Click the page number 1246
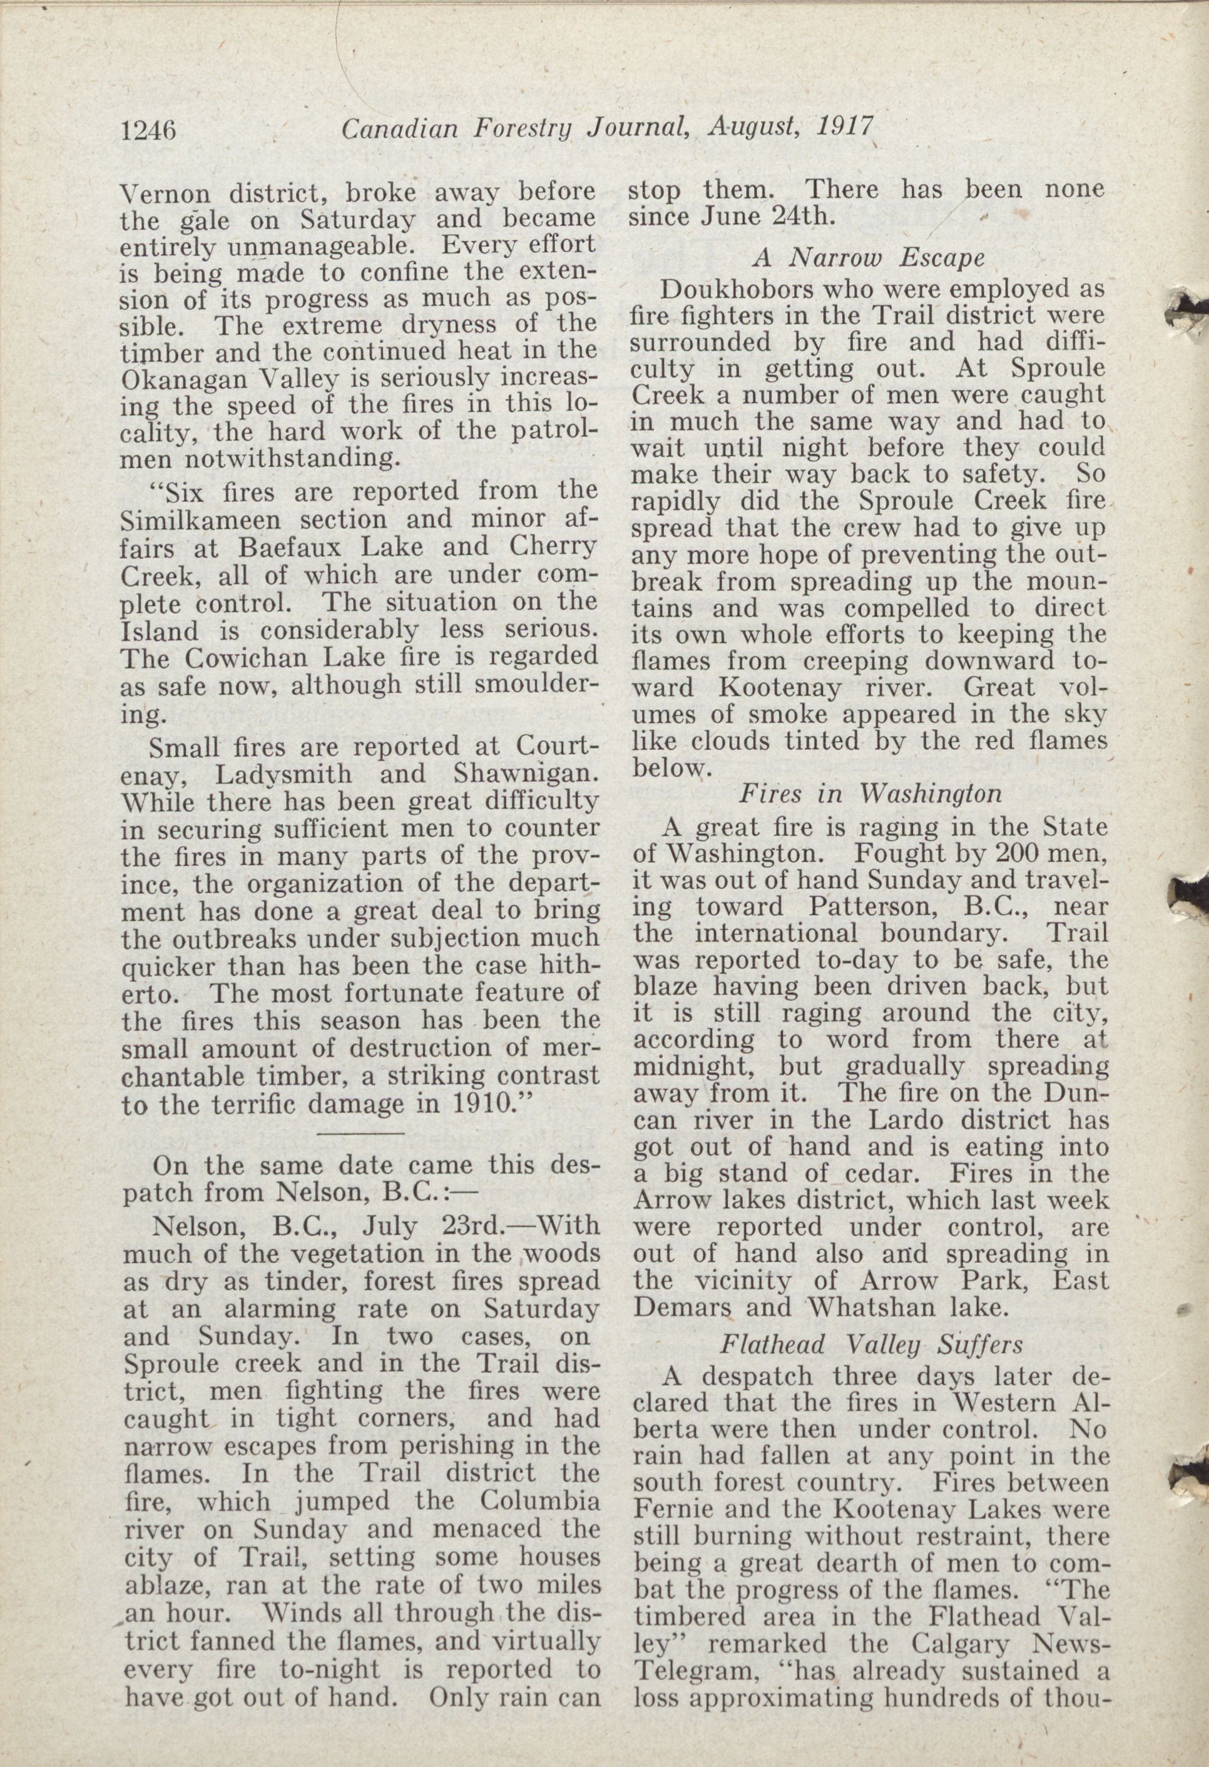click(149, 131)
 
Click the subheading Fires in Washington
click(870, 793)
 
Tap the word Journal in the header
click(637, 131)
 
